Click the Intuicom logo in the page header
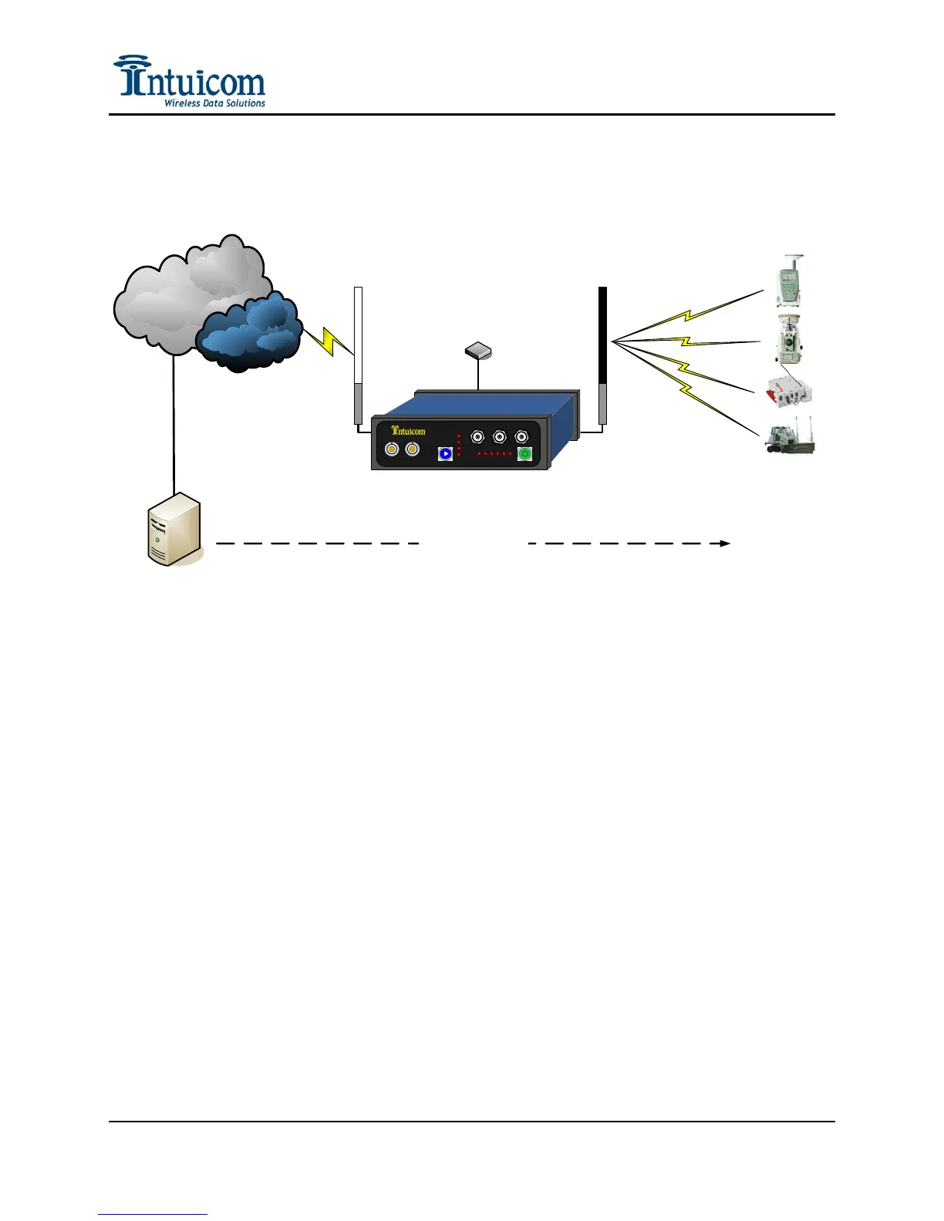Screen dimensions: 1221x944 click(189, 79)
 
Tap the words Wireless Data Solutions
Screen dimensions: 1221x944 click(214, 103)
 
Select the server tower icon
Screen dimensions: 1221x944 click(174, 530)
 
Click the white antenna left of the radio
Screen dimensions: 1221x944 click(358, 355)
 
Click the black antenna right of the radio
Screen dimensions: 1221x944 click(602, 355)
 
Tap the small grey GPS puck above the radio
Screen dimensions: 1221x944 click(478, 351)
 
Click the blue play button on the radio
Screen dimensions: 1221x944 click(445, 453)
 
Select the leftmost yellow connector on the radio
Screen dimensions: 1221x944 click(392, 449)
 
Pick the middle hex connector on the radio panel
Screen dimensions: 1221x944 click(499, 437)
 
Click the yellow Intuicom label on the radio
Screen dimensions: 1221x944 click(408, 430)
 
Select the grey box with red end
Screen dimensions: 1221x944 click(787, 392)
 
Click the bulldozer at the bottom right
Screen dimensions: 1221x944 click(790, 439)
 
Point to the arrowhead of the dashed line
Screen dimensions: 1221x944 click(725, 543)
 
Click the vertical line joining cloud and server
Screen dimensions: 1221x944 click(174, 424)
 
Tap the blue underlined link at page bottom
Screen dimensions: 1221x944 click(153, 1215)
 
